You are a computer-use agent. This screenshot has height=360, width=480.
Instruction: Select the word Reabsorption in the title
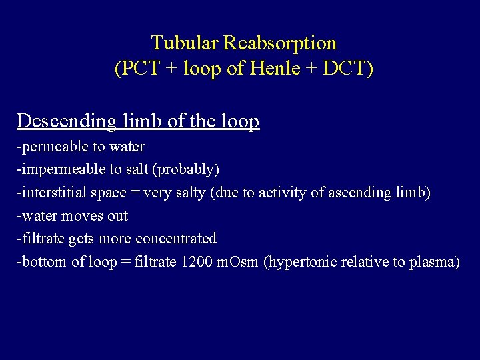click(280, 43)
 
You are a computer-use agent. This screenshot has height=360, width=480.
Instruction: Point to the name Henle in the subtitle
click(273, 69)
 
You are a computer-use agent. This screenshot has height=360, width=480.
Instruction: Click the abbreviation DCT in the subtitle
click(344, 69)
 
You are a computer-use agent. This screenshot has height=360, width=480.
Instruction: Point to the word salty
click(191, 193)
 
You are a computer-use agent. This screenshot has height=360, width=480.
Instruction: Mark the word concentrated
click(176, 239)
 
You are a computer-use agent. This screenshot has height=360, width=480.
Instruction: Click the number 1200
click(197, 262)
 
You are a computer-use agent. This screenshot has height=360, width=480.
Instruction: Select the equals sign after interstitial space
click(133, 193)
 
